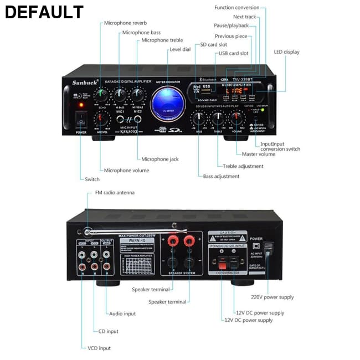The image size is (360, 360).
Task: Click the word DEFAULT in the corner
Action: (44, 12)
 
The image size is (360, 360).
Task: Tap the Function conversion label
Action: (236, 8)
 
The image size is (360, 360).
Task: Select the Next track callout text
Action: (244, 17)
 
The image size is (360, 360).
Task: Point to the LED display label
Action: (286, 52)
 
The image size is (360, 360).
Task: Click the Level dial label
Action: (180, 49)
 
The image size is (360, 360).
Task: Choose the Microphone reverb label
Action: (125, 23)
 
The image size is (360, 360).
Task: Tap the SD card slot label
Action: (213, 44)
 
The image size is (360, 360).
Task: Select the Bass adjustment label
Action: (221, 176)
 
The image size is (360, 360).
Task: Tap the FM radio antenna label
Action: (115, 193)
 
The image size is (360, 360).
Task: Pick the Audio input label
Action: (122, 313)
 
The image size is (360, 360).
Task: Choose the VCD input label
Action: (99, 348)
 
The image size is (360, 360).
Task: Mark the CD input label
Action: (108, 331)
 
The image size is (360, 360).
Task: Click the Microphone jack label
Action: (160, 160)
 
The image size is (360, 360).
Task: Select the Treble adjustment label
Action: (243, 166)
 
